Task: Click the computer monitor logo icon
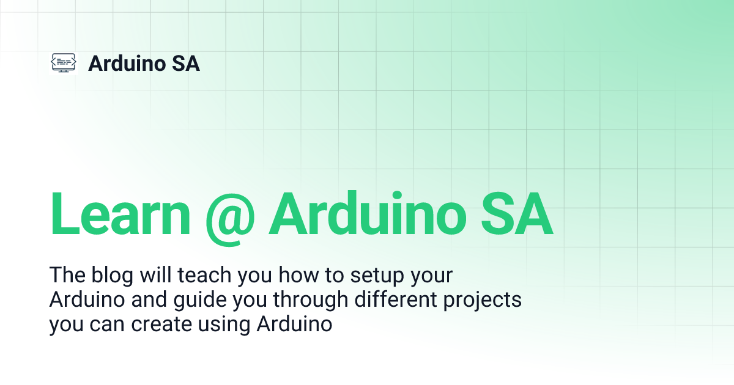coord(63,63)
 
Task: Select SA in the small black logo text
coord(186,63)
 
